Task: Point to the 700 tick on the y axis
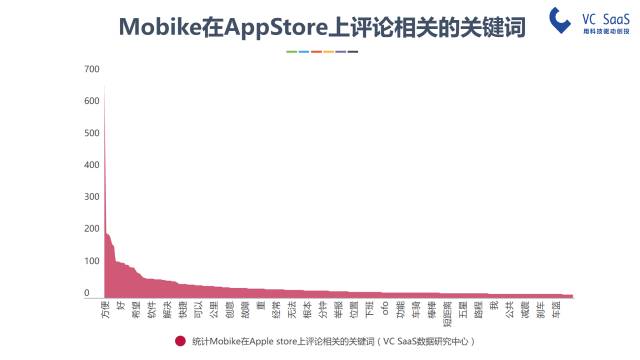coord(92,69)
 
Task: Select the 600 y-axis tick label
coord(92,101)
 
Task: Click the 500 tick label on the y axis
coord(92,133)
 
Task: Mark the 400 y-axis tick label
coord(92,165)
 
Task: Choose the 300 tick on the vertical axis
coord(92,197)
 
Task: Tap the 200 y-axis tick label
coord(92,229)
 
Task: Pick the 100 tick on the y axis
coord(92,261)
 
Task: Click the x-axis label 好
coord(121,304)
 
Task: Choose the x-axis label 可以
coord(198,309)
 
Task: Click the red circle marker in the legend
coord(180,341)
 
